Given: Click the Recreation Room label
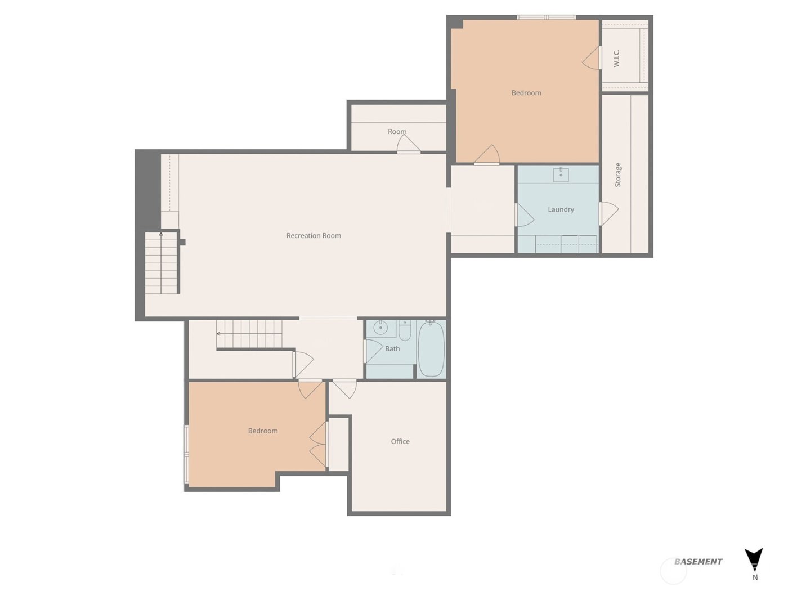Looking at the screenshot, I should click(x=314, y=236).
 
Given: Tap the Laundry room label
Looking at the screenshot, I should click(x=561, y=209).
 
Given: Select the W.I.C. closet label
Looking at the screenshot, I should click(x=616, y=58).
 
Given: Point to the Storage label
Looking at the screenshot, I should click(x=618, y=175).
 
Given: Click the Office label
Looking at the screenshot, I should click(x=400, y=441).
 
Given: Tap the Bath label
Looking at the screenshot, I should click(x=392, y=349).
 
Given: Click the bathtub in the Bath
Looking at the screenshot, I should click(x=431, y=348).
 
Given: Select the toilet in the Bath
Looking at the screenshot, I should click(x=405, y=331).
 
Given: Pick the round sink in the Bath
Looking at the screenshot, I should click(x=380, y=328).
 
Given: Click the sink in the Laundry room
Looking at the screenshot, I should click(x=561, y=174).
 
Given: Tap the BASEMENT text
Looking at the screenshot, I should click(x=698, y=561).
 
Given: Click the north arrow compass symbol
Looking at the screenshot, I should click(x=754, y=559).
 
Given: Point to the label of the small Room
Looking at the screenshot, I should click(x=397, y=132).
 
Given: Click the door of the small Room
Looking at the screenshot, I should click(x=408, y=145).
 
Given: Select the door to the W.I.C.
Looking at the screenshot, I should click(x=592, y=58).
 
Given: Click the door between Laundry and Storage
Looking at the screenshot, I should click(x=608, y=213).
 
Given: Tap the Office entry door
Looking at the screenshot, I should click(x=344, y=388).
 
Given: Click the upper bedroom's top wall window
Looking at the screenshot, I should click(x=546, y=17).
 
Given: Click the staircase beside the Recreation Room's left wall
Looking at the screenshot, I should click(x=162, y=263).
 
